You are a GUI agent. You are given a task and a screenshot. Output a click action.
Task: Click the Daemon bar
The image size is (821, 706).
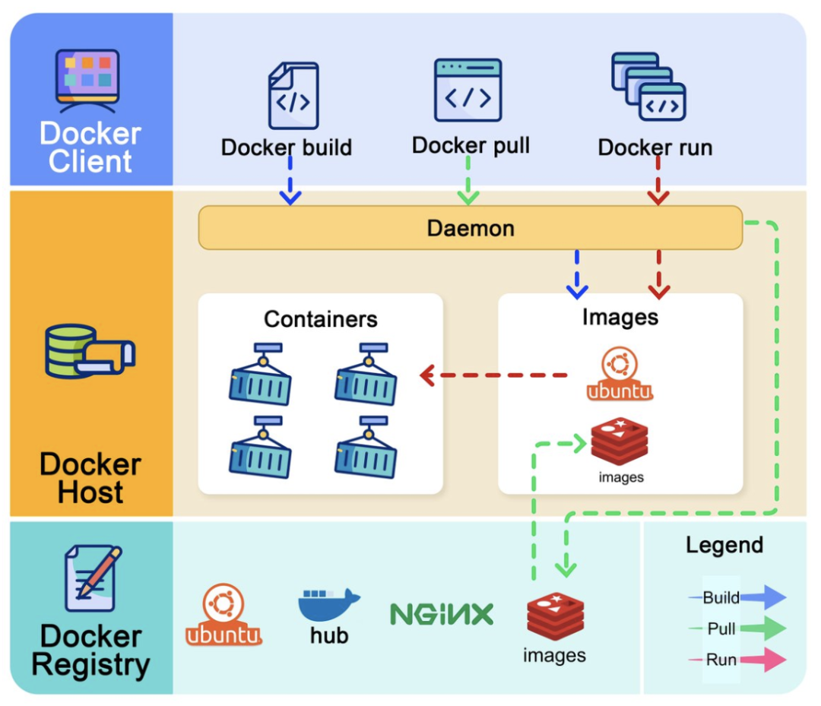point(470,227)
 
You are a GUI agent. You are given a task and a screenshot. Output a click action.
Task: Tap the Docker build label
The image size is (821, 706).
point(287,147)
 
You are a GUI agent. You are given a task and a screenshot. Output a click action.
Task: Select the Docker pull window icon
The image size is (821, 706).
point(468,90)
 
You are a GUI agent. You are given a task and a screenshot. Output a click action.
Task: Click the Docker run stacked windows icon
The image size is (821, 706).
point(648,86)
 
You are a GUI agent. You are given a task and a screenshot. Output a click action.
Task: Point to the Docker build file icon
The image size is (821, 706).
point(293,96)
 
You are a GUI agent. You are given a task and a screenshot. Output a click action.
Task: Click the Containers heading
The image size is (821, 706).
point(320,318)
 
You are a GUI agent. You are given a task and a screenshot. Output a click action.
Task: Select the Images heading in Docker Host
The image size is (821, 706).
point(620,316)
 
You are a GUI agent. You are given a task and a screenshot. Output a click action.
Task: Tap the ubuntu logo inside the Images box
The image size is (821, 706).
point(620,373)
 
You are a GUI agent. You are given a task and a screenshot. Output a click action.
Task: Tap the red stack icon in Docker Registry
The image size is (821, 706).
point(555,616)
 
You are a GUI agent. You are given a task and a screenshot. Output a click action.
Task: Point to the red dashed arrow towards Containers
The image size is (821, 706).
point(494,375)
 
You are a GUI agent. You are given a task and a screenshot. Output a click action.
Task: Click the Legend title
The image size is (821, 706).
point(724,545)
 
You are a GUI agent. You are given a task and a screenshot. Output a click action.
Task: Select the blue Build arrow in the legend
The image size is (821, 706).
point(762,597)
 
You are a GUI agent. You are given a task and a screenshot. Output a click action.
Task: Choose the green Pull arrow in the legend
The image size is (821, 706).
point(762,628)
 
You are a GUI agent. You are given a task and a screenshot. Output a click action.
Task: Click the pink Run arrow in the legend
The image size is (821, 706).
point(762,659)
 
